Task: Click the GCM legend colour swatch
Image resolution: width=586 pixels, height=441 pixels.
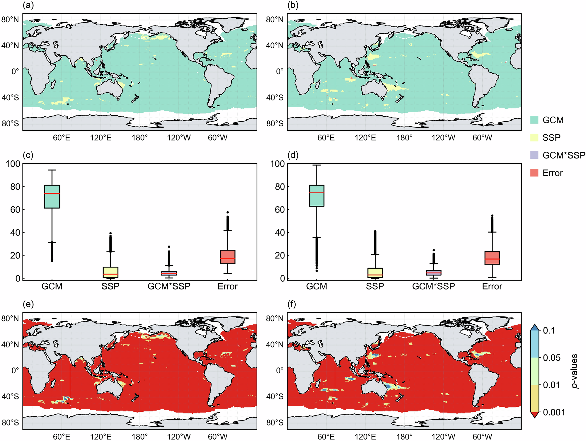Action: pyautogui.click(x=534, y=120)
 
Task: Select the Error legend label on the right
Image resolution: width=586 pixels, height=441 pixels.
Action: pyautogui.click(x=552, y=173)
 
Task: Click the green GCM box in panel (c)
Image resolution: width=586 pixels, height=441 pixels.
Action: pyautogui.click(x=52, y=197)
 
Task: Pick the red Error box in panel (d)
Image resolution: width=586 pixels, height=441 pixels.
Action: pyautogui.click(x=492, y=258)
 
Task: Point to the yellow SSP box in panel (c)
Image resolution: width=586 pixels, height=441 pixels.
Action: pyautogui.click(x=110, y=272)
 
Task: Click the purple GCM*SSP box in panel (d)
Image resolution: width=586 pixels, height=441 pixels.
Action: pyautogui.click(x=433, y=273)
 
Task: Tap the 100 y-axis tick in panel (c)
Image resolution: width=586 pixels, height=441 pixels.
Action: pyautogui.click(x=13, y=164)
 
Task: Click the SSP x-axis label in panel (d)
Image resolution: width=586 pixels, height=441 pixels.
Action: pyautogui.click(x=375, y=286)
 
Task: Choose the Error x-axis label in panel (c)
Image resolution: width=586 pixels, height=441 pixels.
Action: pyautogui.click(x=227, y=286)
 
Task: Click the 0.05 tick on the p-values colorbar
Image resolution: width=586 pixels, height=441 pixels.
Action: pyautogui.click(x=551, y=358)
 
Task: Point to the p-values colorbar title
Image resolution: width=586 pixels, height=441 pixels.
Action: pyautogui.click(x=575, y=371)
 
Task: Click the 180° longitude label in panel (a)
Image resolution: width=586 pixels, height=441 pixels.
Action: pyautogui.click(x=140, y=138)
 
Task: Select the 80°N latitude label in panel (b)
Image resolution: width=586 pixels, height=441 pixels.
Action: pyautogui.click(x=275, y=20)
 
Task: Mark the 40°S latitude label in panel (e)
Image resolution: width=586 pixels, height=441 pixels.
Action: pyautogui.click(x=10, y=396)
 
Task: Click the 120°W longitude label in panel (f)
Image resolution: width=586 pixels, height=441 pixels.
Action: pyautogui.click(x=443, y=437)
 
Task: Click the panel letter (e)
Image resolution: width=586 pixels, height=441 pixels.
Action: pyautogui.click(x=28, y=304)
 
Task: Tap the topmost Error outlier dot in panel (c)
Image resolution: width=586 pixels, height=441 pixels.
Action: pyautogui.click(x=228, y=212)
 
